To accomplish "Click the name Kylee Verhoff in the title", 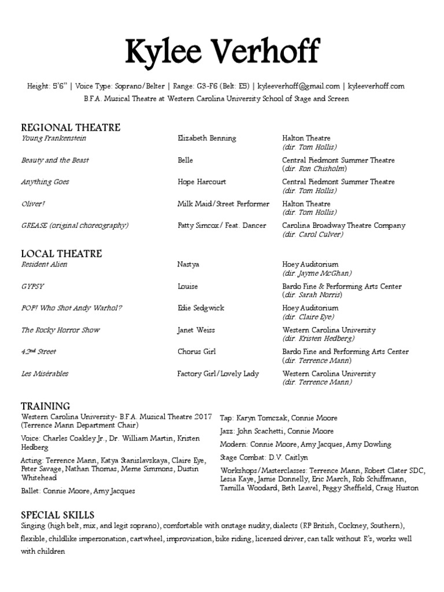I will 222,53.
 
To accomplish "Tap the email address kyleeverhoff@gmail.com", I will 298,87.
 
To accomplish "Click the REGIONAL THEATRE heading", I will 71,128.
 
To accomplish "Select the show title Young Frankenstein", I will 54,139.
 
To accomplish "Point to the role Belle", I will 185,160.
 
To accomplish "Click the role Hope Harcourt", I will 201,182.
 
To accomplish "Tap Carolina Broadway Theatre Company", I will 343,225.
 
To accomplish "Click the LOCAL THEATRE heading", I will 61,254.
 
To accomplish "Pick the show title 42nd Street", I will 39,352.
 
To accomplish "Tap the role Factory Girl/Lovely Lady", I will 218,374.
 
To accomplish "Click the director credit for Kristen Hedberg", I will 319,339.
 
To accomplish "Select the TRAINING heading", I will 46,406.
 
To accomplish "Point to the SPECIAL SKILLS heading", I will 58,515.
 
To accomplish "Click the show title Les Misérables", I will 45,374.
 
